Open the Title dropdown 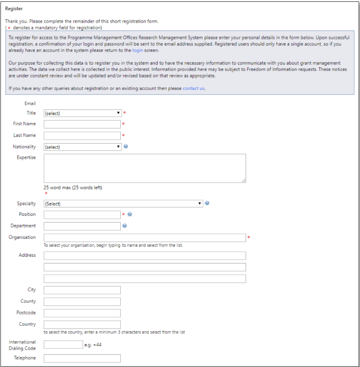[x=83, y=113]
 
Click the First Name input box [x=82, y=124]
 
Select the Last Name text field [x=82, y=135]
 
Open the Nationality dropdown [x=83, y=147]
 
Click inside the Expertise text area [x=145, y=168]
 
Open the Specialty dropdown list [x=123, y=203]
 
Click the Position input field [x=82, y=215]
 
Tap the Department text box [x=82, y=226]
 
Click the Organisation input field [x=145, y=238]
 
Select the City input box [x=82, y=290]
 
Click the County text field [x=82, y=302]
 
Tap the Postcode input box [x=82, y=313]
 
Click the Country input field [x=82, y=324]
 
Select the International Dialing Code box [x=63, y=344]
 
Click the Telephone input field [x=82, y=358]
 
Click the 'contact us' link [x=194, y=88]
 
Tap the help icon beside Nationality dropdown [x=126, y=146]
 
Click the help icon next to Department [x=124, y=225]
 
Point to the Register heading [x=14, y=9]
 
